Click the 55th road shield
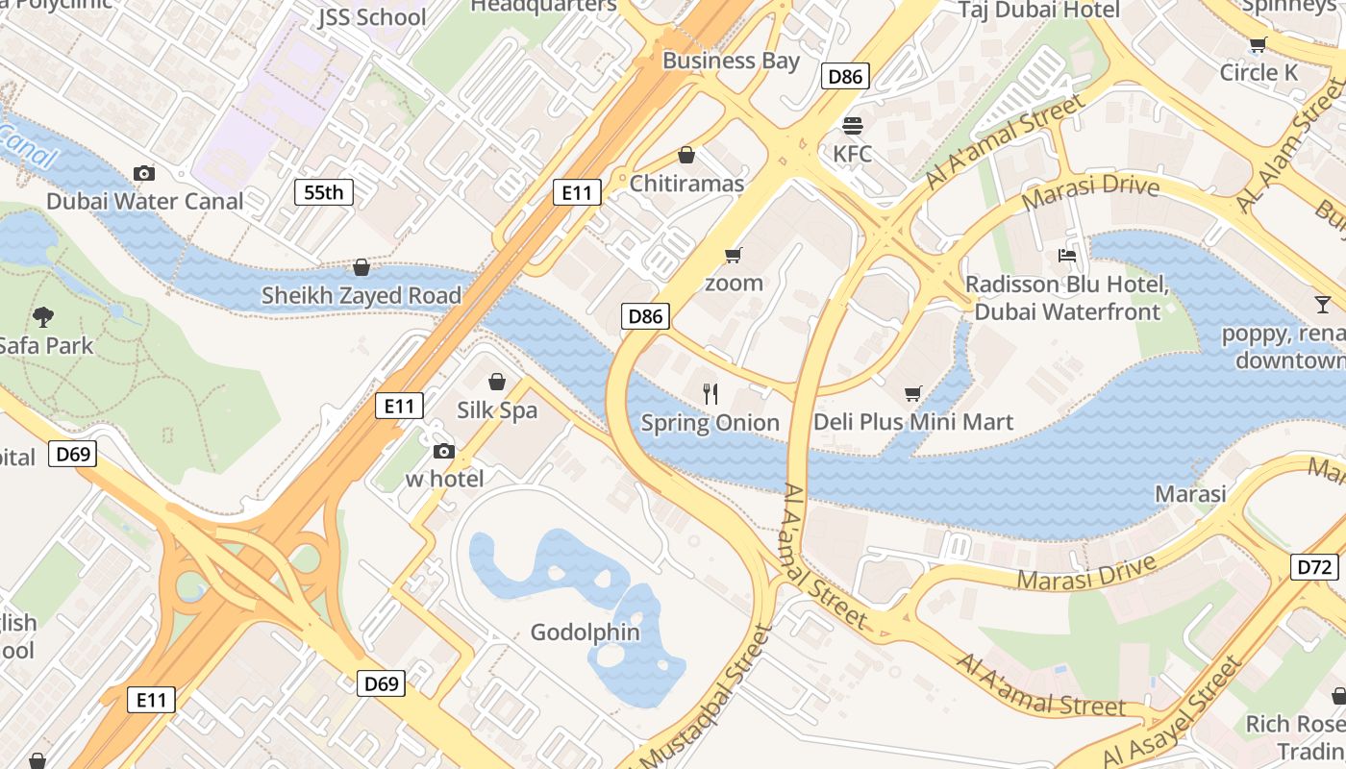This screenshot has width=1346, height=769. (x=323, y=192)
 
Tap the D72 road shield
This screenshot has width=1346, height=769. (x=1314, y=567)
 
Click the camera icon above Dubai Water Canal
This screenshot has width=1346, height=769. (x=144, y=173)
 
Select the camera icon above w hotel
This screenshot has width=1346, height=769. (x=443, y=451)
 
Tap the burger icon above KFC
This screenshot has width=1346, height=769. (x=852, y=125)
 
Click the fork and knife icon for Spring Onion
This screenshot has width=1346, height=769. (x=710, y=393)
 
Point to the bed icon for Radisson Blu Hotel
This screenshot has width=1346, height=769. (x=1067, y=256)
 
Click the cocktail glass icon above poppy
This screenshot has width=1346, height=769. (x=1323, y=305)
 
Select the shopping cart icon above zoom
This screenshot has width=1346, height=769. (x=734, y=255)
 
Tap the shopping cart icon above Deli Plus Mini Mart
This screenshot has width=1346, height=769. (x=912, y=393)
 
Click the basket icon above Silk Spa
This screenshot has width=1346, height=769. (x=497, y=382)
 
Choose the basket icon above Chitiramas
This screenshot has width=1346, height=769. (x=686, y=155)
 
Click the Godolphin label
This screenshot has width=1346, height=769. (x=585, y=632)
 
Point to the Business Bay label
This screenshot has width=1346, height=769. (x=731, y=61)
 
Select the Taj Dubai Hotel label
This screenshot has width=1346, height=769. (x=1039, y=10)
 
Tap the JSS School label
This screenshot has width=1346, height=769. (x=372, y=17)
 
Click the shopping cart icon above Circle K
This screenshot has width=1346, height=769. (x=1258, y=44)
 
